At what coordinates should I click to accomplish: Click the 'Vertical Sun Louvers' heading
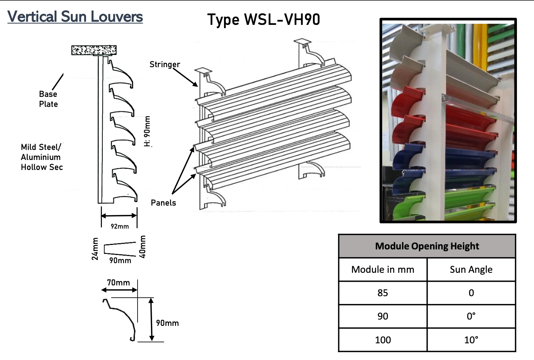point(75,17)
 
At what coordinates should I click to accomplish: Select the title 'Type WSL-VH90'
point(264,20)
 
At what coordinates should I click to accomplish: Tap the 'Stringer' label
point(165,65)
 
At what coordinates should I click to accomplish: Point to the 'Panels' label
point(164,203)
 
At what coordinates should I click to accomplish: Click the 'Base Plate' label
point(48,99)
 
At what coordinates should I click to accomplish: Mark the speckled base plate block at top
point(94,50)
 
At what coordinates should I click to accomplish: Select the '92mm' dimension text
point(120,226)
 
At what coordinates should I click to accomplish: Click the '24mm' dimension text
point(95,249)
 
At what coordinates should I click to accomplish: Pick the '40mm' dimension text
point(142,247)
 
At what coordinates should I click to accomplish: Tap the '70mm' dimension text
point(119,283)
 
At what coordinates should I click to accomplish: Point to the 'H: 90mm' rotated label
point(148,131)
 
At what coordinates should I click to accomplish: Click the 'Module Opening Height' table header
point(427,246)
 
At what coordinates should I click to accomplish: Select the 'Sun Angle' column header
point(471,269)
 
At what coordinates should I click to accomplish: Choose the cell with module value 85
point(383,293)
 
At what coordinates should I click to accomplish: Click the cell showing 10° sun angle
point(471,340)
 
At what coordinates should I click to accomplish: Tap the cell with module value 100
point(383,340)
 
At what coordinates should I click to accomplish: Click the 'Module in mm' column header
point(383,269)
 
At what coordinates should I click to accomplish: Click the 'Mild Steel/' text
point(41,147)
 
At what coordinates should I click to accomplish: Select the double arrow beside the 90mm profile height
point(151,320)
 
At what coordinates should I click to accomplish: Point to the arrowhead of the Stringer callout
point(196,85)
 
